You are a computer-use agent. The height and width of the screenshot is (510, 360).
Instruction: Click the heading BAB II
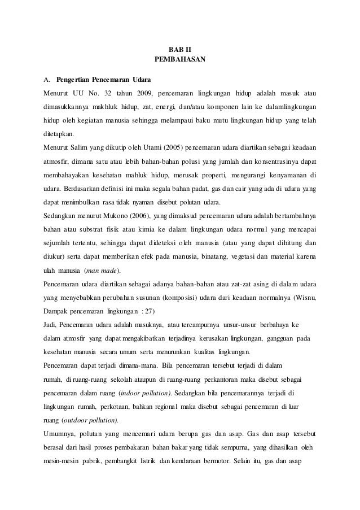[179, 49]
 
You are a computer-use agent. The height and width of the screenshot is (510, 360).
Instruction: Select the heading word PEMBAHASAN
[179, 59]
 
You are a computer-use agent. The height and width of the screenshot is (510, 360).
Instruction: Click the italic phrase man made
[105, 271]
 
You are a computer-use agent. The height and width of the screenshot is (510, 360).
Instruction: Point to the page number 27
[150, 311]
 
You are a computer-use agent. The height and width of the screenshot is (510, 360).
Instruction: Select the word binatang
[212, 257]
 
